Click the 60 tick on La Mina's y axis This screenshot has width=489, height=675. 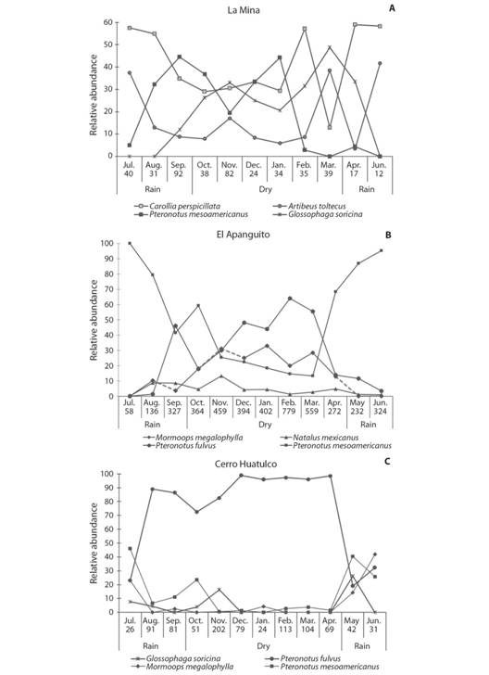tap(107, 22)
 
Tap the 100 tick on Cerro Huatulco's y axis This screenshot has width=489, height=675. tap(107, 474)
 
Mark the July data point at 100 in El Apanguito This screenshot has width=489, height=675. tap(130, 243)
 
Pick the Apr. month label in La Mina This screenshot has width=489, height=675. tap(357, 164)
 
